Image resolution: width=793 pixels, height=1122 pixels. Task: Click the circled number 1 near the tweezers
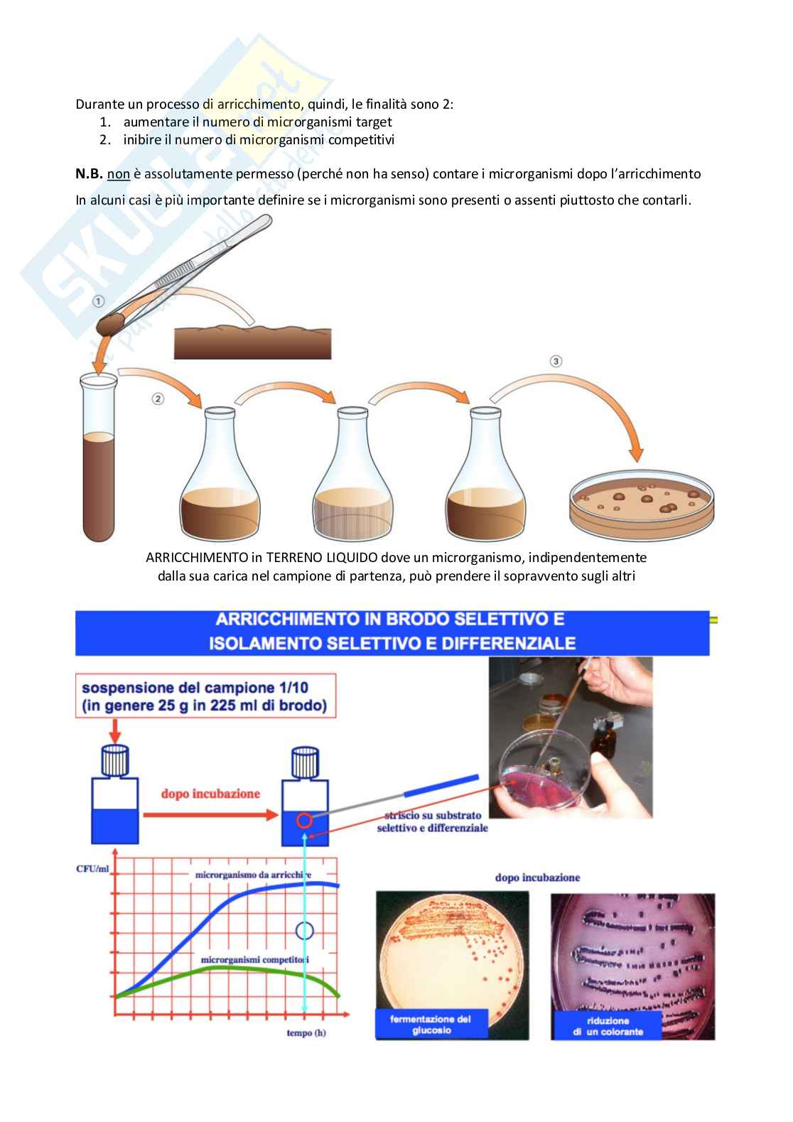99,301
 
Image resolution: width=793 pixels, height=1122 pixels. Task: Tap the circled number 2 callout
158,399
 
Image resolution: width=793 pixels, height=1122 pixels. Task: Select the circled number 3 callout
556,361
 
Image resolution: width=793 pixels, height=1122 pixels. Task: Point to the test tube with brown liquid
99,457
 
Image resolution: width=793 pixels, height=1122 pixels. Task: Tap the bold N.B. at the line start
89,174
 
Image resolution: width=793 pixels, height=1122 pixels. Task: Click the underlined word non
118,174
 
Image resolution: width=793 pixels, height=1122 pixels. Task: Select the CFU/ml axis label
92,869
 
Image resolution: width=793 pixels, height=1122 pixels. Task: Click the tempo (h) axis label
306,1033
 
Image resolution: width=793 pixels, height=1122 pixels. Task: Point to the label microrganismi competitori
254,960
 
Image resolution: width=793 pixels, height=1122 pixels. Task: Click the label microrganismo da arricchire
253,875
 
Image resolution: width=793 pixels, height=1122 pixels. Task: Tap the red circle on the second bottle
304,821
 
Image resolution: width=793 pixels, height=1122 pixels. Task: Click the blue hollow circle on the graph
305,931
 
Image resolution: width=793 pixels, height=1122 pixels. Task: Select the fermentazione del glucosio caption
431,1025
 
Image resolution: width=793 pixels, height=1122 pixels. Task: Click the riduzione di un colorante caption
608,1026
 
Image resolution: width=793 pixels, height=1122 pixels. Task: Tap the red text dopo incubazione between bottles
210,794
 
